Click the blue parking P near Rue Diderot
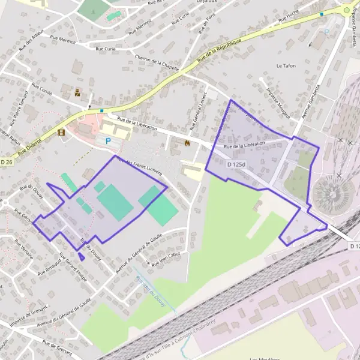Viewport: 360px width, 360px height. point(108,141)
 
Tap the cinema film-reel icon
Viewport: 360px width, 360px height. point(61,133)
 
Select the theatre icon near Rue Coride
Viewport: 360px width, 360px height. point(77,92)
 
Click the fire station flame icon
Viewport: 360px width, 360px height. point(187,143)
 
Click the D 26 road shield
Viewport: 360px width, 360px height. point(7,162)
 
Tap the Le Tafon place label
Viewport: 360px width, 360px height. point(286,65)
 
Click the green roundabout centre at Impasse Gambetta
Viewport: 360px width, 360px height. point(346,10)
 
